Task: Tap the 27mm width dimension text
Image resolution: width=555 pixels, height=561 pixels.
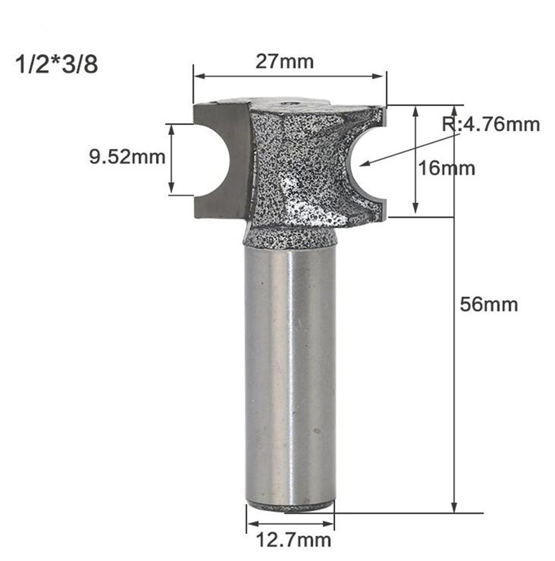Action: coord(285,61)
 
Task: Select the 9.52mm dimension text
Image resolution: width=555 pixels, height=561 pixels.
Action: coord(128,157)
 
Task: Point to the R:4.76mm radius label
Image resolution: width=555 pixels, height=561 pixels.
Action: coord(490,125)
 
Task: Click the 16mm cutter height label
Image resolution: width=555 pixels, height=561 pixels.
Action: coord(448,167)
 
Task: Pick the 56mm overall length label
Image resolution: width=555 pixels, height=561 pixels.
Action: coord(489,304)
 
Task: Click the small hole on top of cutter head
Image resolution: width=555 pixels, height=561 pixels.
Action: coord(287,102)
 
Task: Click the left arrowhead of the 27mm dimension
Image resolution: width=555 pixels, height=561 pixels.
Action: coord(196,74)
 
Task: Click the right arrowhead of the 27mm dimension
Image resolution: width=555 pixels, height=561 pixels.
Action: coord(384,74)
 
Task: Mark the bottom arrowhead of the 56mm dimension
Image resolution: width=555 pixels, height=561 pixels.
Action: coord(455,508)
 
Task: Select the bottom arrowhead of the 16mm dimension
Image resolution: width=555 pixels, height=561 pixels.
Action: coord(416,211)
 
